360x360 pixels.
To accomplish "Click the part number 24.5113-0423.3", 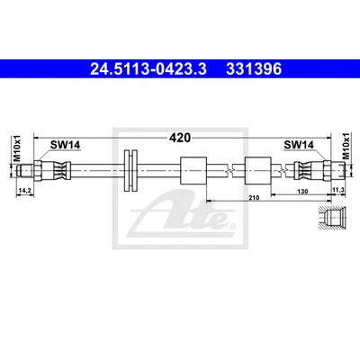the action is point(148,69).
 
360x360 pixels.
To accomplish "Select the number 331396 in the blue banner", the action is point(254,69).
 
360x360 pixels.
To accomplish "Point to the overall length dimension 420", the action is point(180,138).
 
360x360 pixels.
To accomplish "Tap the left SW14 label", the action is point(65,145).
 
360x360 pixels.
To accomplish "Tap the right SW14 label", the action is point(299,145).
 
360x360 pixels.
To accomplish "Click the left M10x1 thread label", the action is point(17,148).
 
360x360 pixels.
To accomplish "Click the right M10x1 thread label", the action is point(346,146).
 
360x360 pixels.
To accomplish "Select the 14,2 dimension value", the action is point(25,191).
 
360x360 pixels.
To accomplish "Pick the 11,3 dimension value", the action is point(339,191).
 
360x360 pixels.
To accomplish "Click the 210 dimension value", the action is point(254,197).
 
